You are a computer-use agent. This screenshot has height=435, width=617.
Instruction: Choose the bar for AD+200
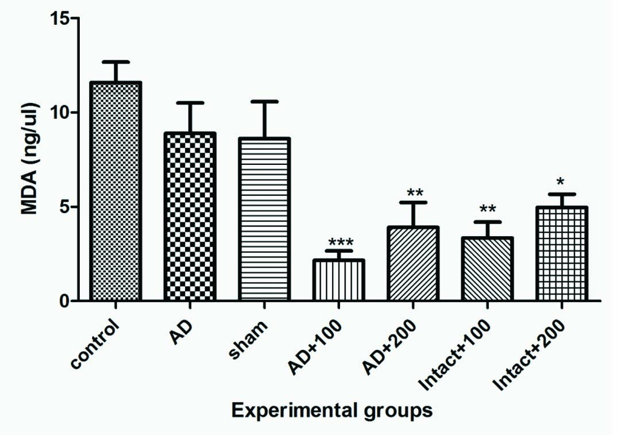[x=414, y=264]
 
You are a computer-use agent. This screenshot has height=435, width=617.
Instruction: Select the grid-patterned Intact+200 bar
[x=562, y=253]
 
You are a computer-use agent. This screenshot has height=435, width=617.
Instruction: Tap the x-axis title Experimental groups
[x=331, y=411]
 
